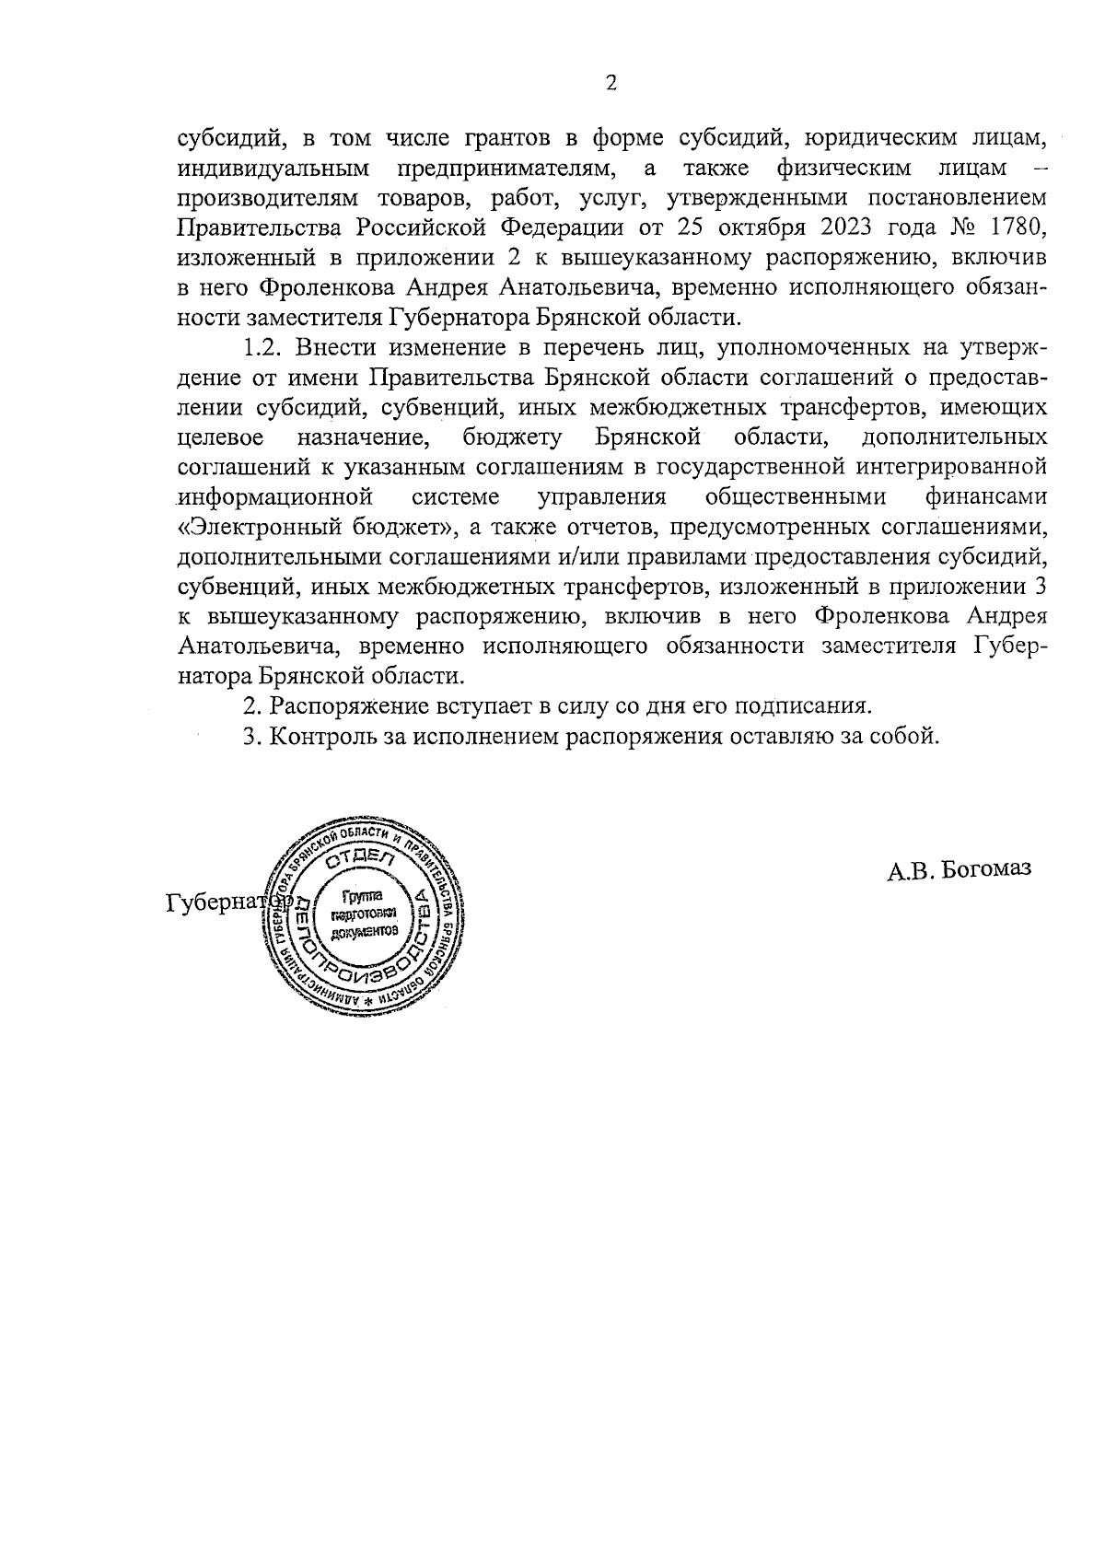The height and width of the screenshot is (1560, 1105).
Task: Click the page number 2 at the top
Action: pyautogui.click(x=611, y=84)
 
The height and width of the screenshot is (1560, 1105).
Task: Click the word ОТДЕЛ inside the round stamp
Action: pyautogui.click(x=359, y=859)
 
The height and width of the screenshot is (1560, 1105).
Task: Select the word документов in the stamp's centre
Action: pyautogui.click(x=366, y=931)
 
